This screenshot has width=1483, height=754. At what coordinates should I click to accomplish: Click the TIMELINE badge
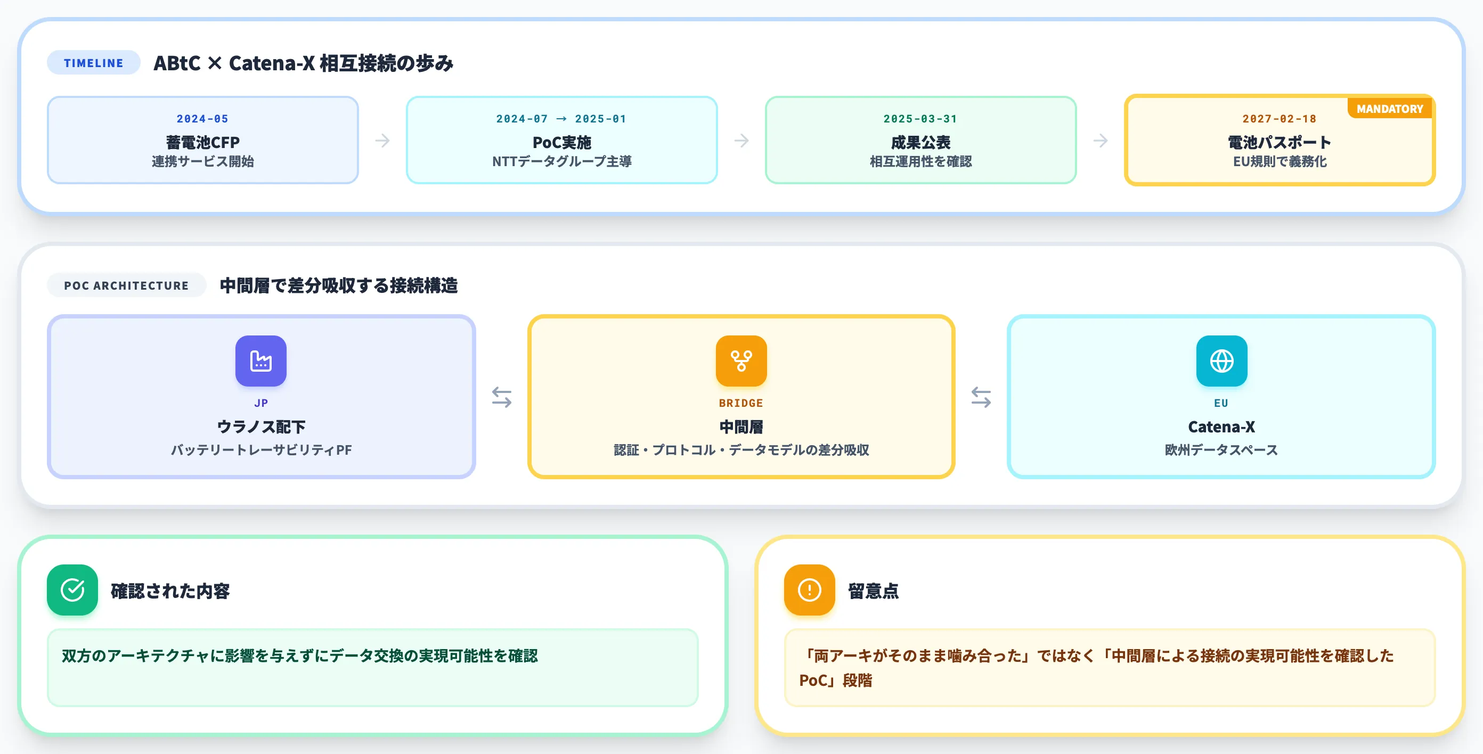point(93,63)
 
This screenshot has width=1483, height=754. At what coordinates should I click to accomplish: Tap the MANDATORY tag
point(1389,109)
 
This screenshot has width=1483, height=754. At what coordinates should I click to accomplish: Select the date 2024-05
point(202,119)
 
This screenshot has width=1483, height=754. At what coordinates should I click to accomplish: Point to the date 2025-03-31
point(920,119)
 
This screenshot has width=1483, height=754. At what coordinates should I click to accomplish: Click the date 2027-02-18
point(1279,119)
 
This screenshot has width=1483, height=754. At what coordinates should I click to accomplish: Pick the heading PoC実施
point(562,142)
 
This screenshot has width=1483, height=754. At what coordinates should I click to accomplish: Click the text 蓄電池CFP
point(202,142)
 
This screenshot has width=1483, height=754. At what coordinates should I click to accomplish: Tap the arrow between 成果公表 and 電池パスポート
point(1100,141)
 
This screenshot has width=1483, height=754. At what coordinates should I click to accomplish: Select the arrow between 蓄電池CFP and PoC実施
point(382,141)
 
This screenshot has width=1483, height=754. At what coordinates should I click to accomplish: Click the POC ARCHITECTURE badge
point(127,285)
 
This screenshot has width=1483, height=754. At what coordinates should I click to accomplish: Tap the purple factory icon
point(261,361)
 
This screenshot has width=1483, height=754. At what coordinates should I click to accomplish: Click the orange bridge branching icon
point(741,361)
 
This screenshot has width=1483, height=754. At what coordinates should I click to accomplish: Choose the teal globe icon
point(1221,361)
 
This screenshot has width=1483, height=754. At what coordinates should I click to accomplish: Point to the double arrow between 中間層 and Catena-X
point(981,397)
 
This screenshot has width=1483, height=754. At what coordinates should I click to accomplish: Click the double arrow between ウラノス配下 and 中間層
point(501,397)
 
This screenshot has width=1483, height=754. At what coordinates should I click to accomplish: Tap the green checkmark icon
point(72,590)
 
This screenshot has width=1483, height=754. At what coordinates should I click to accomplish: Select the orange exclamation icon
point(810,590)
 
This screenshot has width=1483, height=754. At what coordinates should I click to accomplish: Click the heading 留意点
point(873,591)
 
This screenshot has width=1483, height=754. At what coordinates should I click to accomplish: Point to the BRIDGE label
point(741,403)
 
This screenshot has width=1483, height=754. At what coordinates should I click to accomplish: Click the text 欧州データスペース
point(1221,449)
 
